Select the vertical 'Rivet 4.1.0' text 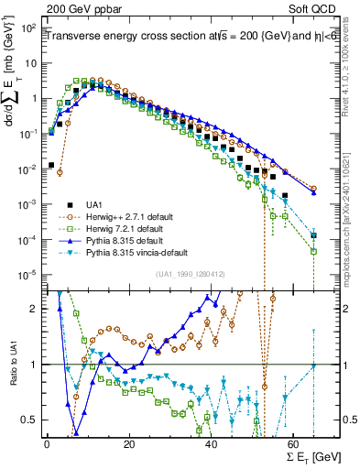click(349, 78)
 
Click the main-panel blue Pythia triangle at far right click(314, 191)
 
